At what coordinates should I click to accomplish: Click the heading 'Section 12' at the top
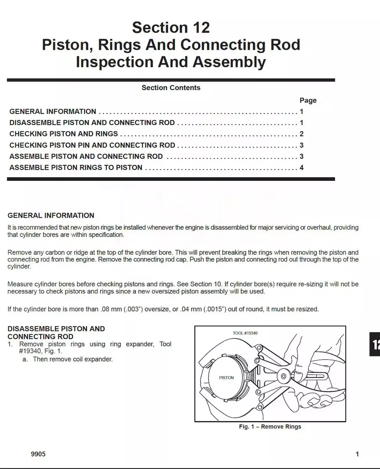[171, 27]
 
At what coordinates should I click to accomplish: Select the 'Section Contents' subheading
[171, 88]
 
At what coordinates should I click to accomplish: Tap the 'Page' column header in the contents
[308, 100]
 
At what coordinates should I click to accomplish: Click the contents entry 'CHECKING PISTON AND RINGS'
[64, 134]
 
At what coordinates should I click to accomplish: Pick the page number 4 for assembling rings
[301, 168]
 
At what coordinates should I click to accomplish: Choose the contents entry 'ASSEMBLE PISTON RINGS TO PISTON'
[76, 168]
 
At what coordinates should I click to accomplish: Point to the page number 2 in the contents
[301, 134]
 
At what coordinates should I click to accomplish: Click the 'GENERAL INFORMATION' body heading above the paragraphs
[51, 215]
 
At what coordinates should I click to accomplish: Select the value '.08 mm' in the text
[110, 309]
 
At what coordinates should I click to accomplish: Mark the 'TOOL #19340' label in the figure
[245, 333]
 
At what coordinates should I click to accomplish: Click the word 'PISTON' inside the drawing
[226, 378]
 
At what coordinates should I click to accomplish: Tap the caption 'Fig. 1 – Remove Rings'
[270, 426]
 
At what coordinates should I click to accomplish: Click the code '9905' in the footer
[38, 454]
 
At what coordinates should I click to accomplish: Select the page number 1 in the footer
[357, 454]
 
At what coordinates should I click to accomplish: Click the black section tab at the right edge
[375, 344]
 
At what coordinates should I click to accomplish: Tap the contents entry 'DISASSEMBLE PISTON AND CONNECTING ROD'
[92, 122]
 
